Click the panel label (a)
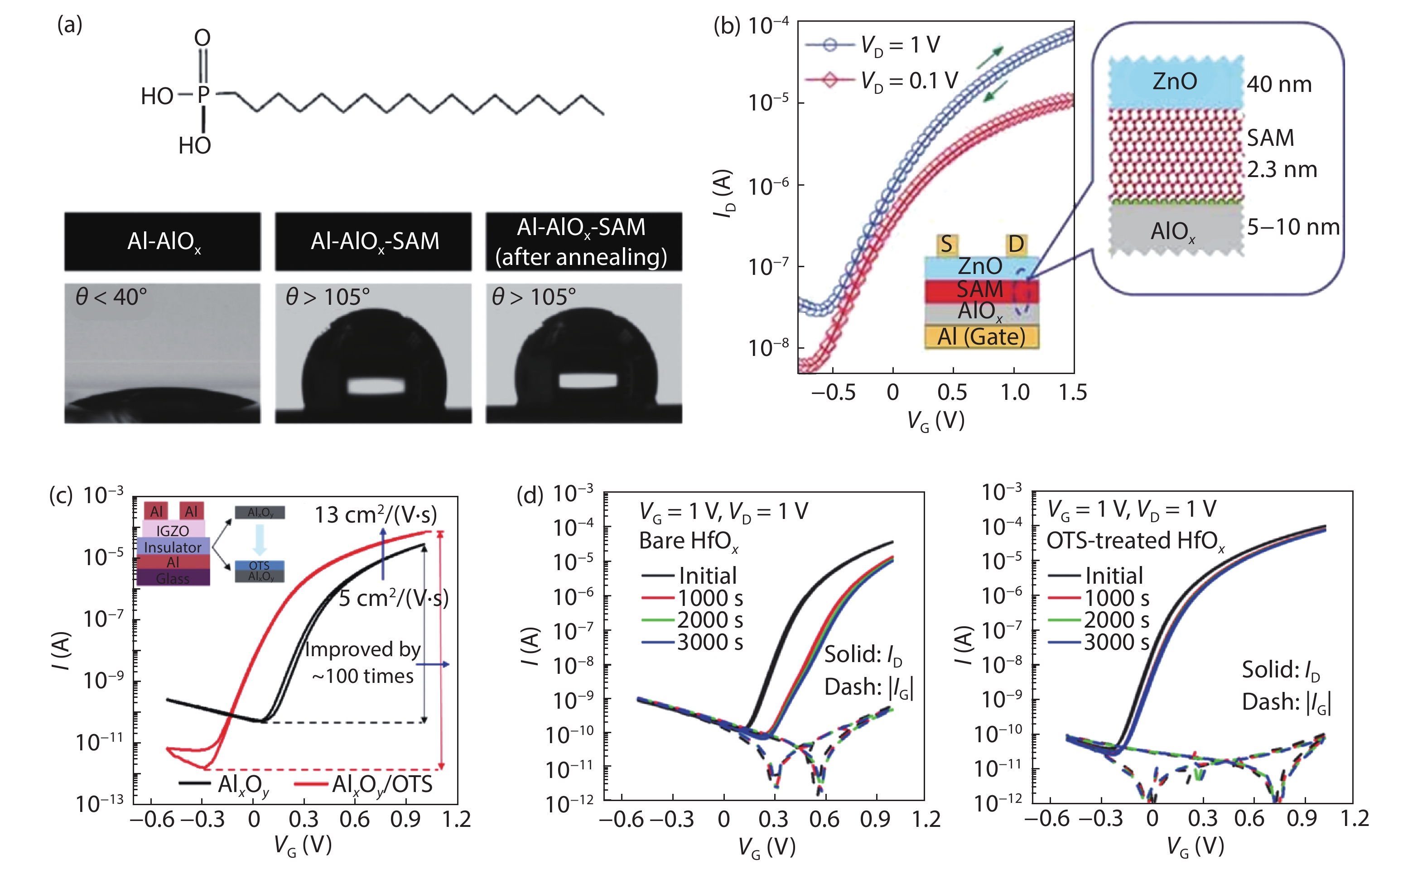point(69,25)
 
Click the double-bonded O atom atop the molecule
point(202,38)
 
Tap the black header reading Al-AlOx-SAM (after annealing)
point(583,241)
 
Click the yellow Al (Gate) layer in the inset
point(981,336)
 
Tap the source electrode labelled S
point(946,245)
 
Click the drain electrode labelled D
point(1016,245)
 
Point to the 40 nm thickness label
point(1279,85)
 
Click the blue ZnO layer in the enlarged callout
point(1175,82)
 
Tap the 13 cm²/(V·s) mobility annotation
point(375,514)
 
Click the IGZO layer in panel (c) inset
point(173,530)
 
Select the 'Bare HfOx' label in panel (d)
point(689,541)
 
